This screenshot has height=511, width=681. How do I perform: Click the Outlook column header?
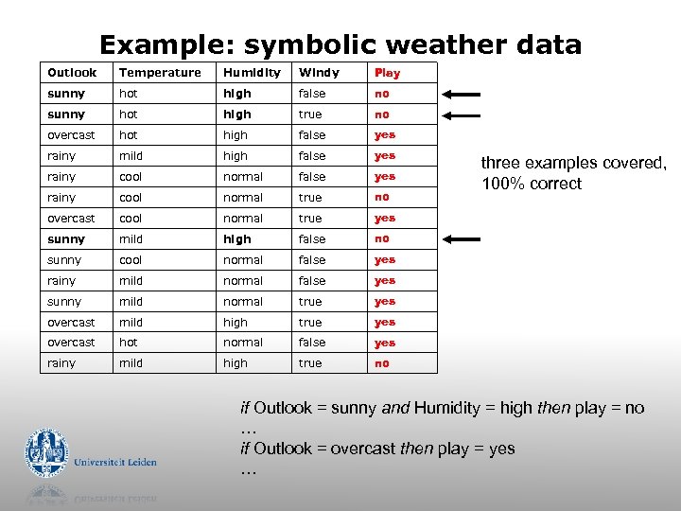pyautogui.click(x=72, y=73)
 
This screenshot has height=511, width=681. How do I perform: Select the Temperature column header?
pyautogui.click(x=160, y=73)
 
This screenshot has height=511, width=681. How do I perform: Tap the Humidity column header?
pyautogui.click(x=252, y=73)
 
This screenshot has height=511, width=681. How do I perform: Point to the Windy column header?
pyautogui.click(x=319, y=73)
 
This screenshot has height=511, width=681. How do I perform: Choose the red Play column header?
pyautogui.click(x=387, y=73)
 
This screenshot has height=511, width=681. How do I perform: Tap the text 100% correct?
pyautogui.click(x=532, y=184)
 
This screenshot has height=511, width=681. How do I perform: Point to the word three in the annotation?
pyautogui.click(x=502, y=163)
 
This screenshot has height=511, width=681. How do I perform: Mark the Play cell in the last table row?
pyautogui.click(x=381, y=363)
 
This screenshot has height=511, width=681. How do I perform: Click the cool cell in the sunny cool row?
pyautogui.click(x=131, y=260)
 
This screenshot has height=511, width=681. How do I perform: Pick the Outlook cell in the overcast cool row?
pyautogui.click(x=72, y=219)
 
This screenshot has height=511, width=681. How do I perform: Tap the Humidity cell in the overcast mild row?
pyautogui.click(x=236, y=323)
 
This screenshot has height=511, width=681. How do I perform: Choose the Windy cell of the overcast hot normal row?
pyautogui.click(x=312, y=343)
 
